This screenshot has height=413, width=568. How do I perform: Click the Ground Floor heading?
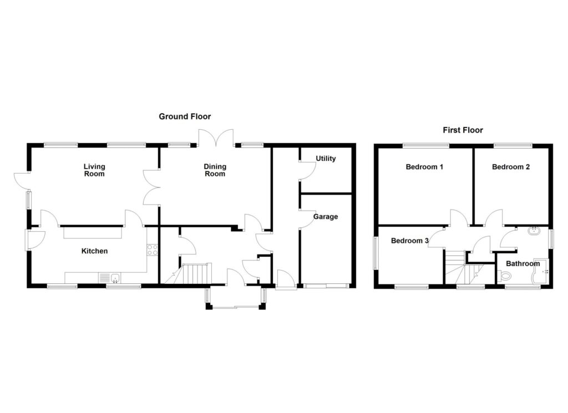(185, 116)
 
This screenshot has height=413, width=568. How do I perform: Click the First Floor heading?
(463, 130)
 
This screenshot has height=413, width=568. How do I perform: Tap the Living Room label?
(94, 170)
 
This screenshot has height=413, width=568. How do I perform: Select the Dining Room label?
(215, 170)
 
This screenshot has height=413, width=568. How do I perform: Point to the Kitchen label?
(94, 251)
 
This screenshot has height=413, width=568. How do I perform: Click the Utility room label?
(326, 159)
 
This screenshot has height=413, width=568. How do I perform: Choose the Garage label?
(326, 217)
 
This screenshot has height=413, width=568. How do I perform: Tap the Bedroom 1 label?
(424, 167)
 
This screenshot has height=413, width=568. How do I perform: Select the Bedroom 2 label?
(510, 167)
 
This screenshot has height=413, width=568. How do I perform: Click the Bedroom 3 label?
(410, 241)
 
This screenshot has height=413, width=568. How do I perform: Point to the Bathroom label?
(523, 264)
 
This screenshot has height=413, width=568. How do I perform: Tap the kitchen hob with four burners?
(153, 249)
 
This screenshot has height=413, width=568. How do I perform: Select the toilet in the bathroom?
(504, 276)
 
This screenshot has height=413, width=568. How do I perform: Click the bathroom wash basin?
(536, 232)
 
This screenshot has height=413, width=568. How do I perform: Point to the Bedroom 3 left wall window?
(376, 253)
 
